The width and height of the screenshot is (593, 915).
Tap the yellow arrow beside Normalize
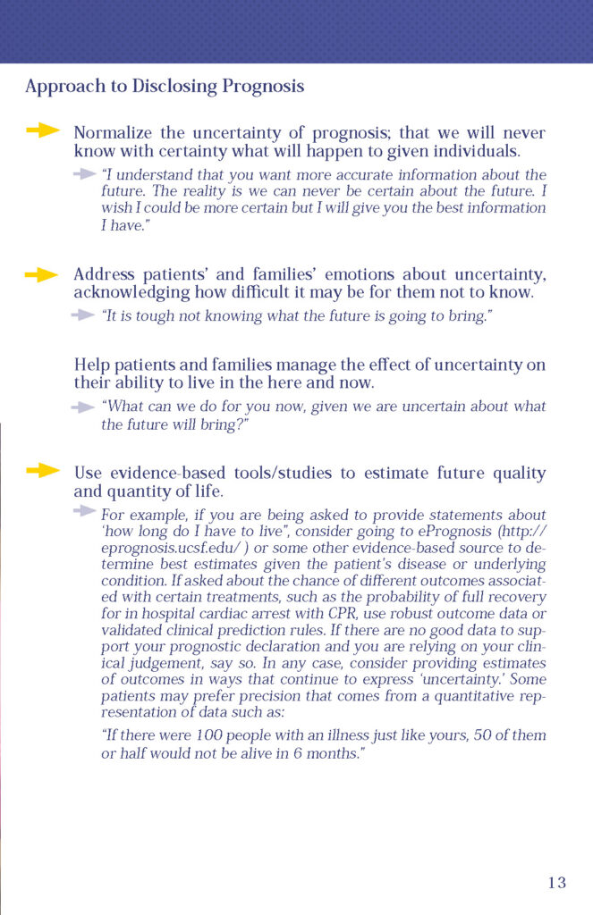tap(43, 131)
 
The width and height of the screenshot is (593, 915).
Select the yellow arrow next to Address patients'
tap(42, 274)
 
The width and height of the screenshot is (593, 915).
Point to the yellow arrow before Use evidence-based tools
tap(42, 471)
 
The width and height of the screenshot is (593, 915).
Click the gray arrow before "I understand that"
tap(84, 172)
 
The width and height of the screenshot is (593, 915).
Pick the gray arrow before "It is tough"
tap(84, 315)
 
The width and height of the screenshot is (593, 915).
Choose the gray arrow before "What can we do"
tap(84, 407)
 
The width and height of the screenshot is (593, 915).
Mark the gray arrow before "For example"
tap(84, 511)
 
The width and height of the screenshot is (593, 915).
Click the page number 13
tap(556, 883)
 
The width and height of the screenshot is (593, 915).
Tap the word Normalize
tap(110, 133)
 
